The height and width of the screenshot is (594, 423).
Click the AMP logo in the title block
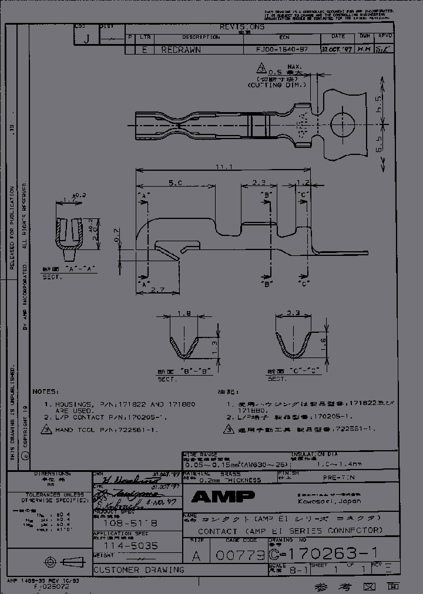pyautogui.click(x=223, y=497)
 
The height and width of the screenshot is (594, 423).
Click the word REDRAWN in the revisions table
pyautogui.click(x=181, y=50)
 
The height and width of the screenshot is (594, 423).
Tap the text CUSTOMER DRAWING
pyautogui.click(x=139, y=569)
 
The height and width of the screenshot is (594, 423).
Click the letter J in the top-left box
pyautogui.click(x=87, y=39)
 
